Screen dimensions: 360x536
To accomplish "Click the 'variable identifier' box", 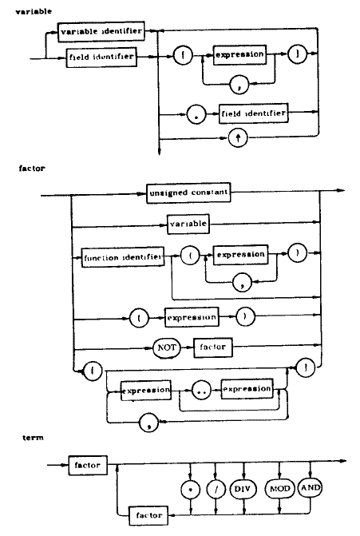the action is tap(101, 32).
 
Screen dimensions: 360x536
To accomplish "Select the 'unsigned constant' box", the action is tap(188, 193).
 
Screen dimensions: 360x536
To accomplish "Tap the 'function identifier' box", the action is tap(123, 257).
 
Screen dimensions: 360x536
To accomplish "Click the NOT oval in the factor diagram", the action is tap(166, 347).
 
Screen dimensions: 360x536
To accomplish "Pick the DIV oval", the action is tap(243, 489).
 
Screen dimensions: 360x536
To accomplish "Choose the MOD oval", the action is tap(279, 489).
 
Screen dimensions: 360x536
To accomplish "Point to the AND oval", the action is tap(311, 487).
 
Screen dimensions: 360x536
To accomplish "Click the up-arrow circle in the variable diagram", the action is tap(238, 138).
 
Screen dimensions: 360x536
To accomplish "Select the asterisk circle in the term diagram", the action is tap(191, 490).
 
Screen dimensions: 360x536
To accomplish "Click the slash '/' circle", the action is tap(216, 489).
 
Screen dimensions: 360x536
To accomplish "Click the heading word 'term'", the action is tap(34, 438).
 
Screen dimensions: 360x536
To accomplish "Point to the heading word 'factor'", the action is tap(32, 169).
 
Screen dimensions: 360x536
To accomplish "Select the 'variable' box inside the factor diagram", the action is tap(188, 224).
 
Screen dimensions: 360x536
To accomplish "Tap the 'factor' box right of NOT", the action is tap(213, 347).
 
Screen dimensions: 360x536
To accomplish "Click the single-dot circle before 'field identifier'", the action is tap(196, 114).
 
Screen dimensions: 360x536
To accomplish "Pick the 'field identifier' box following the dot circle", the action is tap(253, 113).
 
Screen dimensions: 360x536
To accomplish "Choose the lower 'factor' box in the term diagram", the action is tap(148, 515).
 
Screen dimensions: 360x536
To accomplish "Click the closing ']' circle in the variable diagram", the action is tap(298, 54).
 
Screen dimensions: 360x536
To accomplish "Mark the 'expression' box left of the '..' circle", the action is tap(146, 391).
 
